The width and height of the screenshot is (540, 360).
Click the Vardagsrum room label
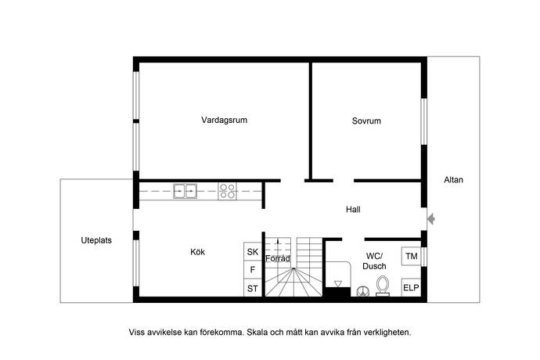pyautogui.click(x=224, y=121)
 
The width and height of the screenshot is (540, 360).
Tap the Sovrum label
pyautogui.click(x=366, y=121)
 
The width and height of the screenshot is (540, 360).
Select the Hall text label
pyautogui.click(x=353, y=210)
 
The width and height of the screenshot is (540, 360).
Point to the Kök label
pyautogui.click(x=197, y=252)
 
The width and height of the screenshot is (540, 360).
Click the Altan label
pyautogui.click(x=453, y=179)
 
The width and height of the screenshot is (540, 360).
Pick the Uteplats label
pyautogui.click(x=96, y=240)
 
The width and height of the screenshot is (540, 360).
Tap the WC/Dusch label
pyautogui.click(x=374, y=261)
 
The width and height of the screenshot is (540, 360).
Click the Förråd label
pyautogui.click(x=278, y=258)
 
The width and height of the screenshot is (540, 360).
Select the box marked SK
pyautogui.click(x=253, y=251)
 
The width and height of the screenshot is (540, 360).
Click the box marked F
pyautogui.click(x=253, y=270)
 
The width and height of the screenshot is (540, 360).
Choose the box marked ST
pyautogui.click(x=253, y=288)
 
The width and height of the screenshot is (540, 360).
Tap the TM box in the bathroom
pyautogui.click(x=412, y=257)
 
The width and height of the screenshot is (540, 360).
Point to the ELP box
pyautogui.click(x=411, y=287)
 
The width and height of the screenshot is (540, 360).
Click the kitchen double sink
pyautogui.click(x=185, y=191)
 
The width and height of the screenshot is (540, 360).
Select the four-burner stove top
pyautogui.click(x=227, y=191)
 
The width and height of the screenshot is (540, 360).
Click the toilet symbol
pyautogui.click(x=382, y=286)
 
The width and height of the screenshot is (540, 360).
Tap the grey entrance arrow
pyautogui.click(x=431, y=219)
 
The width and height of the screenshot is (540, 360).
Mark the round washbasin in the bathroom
pyautogui.click(x=362, y=291)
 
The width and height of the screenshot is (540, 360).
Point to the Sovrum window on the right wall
pyautogui.click(x=424, y=121)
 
